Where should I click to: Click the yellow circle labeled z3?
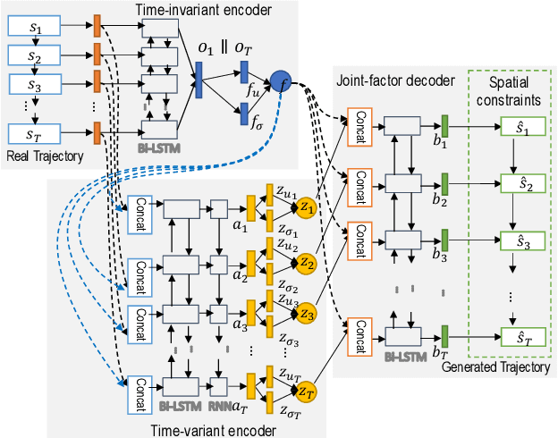[307, 314]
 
